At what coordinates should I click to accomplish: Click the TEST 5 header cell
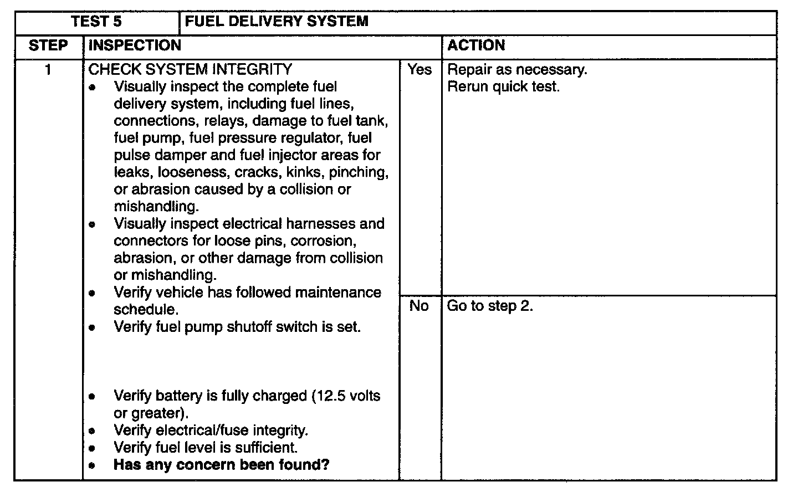pos(96,22)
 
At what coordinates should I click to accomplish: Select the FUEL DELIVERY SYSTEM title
pos(276,22)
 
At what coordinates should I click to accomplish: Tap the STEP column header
pos(48,45)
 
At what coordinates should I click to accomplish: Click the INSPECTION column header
pos(135,45)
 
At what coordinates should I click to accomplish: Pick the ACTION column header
pos(476,45)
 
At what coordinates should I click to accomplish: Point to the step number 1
pos(48,70)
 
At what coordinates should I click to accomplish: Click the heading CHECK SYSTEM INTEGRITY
pos(190,70)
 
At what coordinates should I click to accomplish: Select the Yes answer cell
pos(420,70)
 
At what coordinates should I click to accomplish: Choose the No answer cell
pos(419,306)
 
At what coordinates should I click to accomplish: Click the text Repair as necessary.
pos(517,70)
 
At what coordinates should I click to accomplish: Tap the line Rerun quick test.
pos(503,87)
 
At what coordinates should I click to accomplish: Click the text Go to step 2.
pos(490,306)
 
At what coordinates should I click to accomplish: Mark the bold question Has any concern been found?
pos(221,464)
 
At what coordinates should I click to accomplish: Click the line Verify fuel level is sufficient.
pos(206,447)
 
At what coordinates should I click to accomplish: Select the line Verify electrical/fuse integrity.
pos(211,430)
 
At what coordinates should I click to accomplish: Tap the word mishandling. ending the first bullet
pos(156,207)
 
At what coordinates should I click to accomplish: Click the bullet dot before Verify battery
pos(92,397)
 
